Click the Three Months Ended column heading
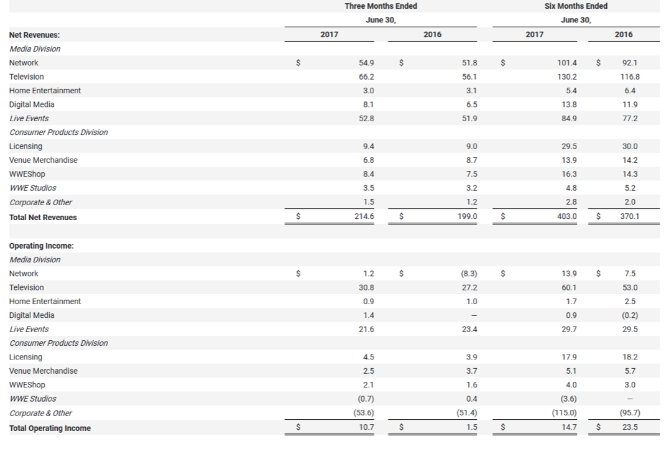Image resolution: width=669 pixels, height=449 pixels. pyautogui.click(x=381, y=6)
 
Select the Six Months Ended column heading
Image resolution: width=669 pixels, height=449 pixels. pyautogui.click(x=576, y=6)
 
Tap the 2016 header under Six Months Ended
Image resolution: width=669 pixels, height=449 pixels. pyautogui.click(x=623, y=35)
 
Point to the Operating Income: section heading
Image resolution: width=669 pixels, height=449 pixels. pyautogui.click(x=41, y=246)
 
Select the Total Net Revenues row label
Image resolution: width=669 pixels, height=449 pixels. pyautogui.click(x=43, y=218)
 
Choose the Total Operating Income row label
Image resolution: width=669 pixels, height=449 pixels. pyautogui.click(x=50, y=428)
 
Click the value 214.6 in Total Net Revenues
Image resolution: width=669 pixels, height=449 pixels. pyautogui.click(x=367, y=217)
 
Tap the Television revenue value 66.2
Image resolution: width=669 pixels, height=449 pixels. pyautogui.click(x=367, y=76)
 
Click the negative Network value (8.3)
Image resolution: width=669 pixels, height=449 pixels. pyautogui.click(x=469, y=274)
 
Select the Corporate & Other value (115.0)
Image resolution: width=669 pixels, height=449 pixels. pyautogui.click(x=565, y=413)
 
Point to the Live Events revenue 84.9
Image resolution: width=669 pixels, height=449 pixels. pyautogui.click(x=569, y=118)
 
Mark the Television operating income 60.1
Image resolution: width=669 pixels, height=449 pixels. pyautogui.click(x=569, y=287)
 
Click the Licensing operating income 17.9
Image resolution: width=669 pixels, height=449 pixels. pyautogui.click(x=569, y=357)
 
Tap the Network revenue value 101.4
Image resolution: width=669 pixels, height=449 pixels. pyautogui.click(x=567, y=63)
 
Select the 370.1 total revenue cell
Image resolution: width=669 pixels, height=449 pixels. pyautogui.click(x=630, y=217)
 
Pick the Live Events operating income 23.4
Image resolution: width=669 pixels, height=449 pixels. pyautogui.click(x=470, y=329)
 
